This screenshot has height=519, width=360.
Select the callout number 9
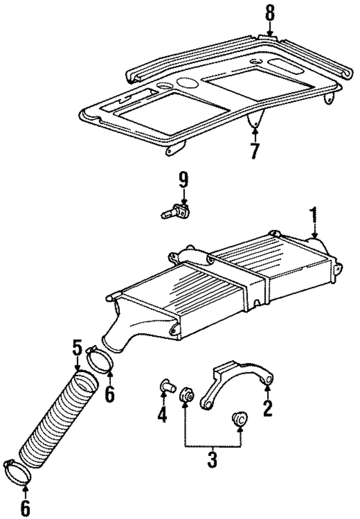tap(184, 181)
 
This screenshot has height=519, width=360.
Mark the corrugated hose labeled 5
tap(57, 419)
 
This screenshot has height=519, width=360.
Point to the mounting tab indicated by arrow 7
tap(256, 119)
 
